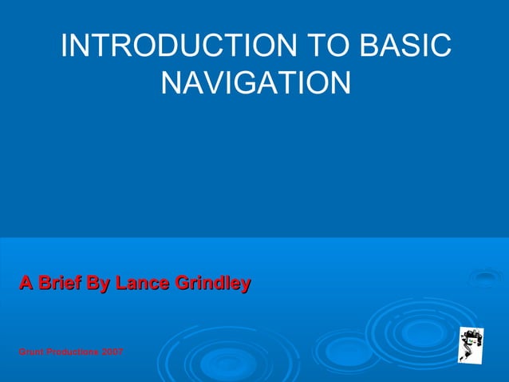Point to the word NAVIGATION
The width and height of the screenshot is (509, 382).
255,82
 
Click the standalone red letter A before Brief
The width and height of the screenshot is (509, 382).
26,283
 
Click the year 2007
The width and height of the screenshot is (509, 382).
112,352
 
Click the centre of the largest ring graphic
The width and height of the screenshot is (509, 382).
421,331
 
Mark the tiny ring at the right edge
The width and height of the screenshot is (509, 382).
485,278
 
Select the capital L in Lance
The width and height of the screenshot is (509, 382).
120,283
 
